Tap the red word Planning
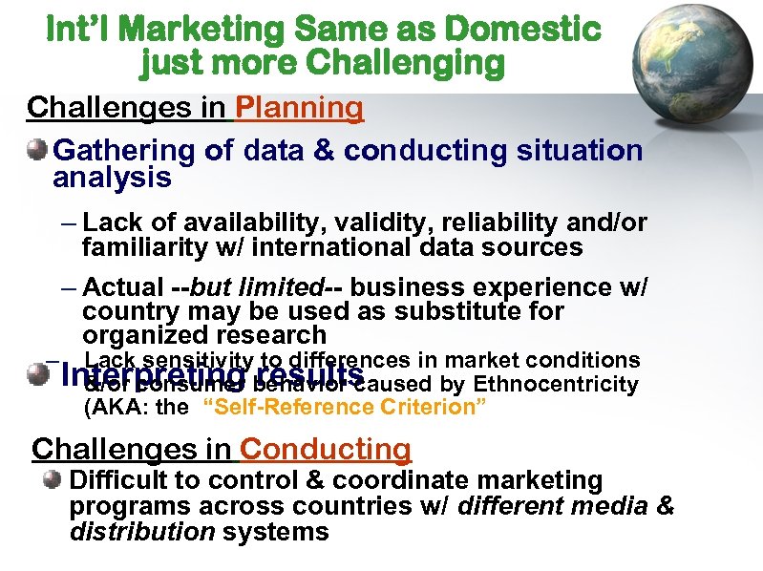[299, 107]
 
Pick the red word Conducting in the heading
[326, 448]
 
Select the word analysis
[112, 178]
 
